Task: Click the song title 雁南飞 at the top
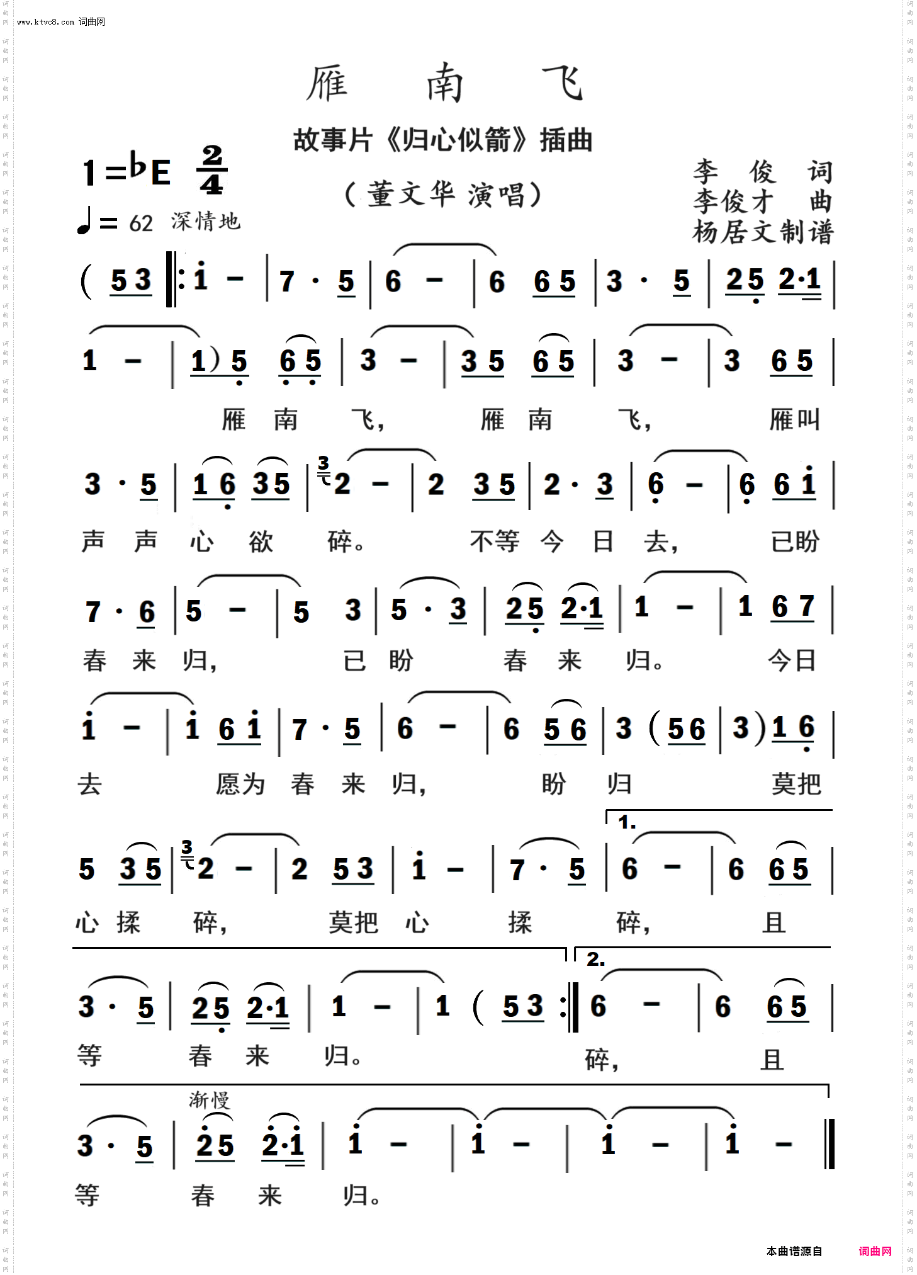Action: [444, 82]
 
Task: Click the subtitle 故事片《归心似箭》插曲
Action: [442, 140]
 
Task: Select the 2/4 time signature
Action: [212, 170]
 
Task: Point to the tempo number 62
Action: [141, 224]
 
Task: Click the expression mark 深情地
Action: [205, 221]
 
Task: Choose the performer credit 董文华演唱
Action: [443, 195]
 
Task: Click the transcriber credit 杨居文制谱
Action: [763, 232]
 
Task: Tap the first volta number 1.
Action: [626, 822]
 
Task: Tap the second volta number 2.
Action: [595, 960]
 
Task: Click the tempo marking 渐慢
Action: [210, 1100]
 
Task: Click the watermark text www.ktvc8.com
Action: [45, 22]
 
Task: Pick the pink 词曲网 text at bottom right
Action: [875, 1251]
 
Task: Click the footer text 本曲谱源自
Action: [794, 1251]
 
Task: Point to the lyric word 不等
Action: [495, 541]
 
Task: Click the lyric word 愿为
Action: [240, 785]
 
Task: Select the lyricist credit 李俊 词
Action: [763, 171]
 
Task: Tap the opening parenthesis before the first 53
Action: [87, 281]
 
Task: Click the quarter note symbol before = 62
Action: [84, 222]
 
